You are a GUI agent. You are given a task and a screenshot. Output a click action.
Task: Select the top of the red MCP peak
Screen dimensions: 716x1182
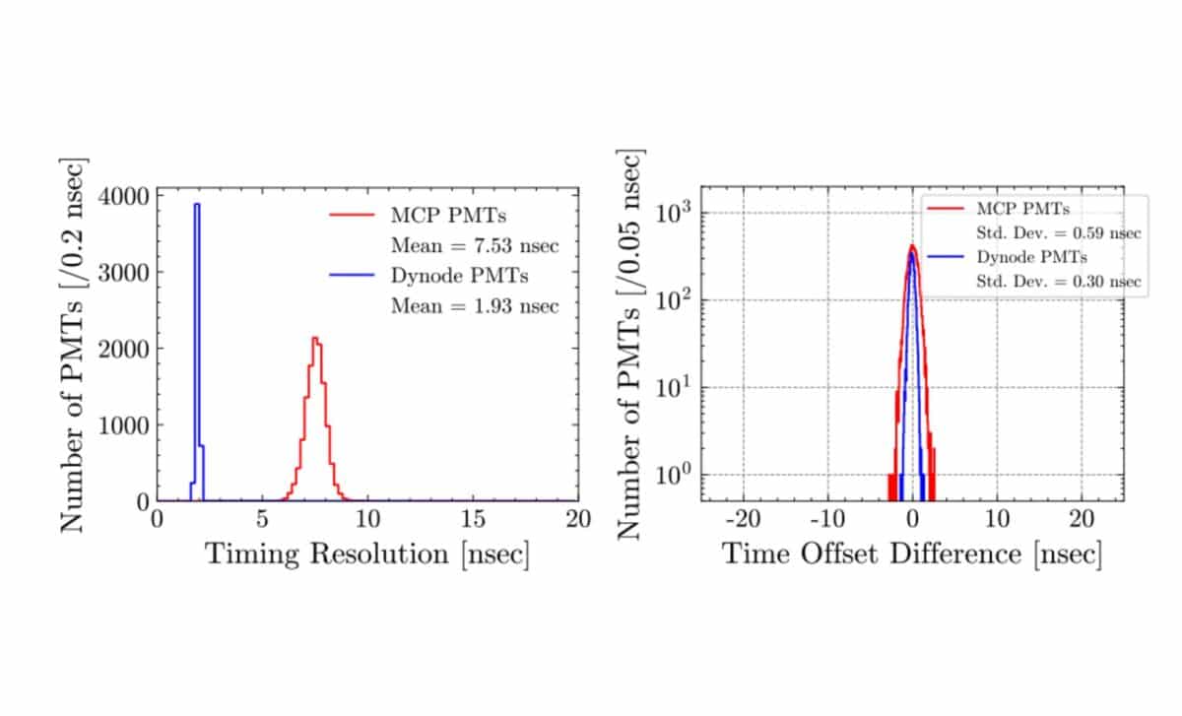pos(314,340)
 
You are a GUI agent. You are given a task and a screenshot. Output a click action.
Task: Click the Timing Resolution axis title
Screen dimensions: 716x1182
pos(366,553)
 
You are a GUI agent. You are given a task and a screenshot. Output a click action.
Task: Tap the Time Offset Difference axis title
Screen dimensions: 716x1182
pos(911,553)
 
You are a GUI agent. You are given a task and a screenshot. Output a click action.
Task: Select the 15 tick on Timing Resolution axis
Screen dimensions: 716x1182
pos(474,518)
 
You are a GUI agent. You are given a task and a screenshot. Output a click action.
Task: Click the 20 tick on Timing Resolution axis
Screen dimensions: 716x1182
pos(578,518)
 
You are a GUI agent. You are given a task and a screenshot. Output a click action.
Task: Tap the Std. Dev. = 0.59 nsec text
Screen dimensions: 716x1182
pos(1060,233)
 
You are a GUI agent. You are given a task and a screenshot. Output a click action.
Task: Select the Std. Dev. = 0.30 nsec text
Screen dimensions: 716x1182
pos(1060,282)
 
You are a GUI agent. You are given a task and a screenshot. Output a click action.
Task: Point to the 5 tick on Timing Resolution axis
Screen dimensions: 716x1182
pos(262,518)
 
